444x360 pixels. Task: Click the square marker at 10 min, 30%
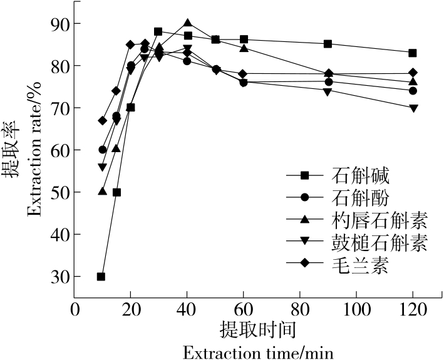click(101, 276)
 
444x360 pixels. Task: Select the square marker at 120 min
click(413, 53)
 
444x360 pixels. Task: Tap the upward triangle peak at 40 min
click(188, 23)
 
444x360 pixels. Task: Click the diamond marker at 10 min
click(102, 121)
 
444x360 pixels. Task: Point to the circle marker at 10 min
click(102, 150)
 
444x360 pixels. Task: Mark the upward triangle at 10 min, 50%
click(102, 191)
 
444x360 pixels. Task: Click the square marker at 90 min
click(328, 44)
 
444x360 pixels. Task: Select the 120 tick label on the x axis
click(413, 310)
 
